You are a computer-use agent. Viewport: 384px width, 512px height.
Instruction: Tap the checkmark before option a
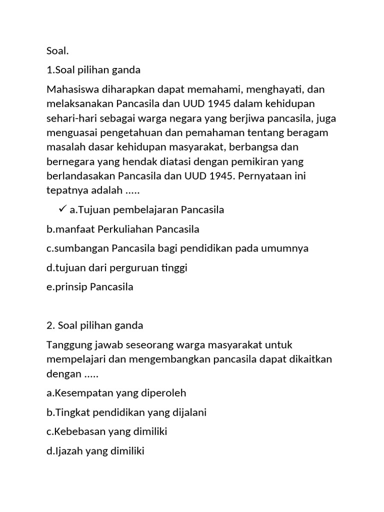62,209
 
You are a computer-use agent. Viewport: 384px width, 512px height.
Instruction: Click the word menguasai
70,133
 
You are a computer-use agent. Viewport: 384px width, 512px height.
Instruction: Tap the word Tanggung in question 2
67,345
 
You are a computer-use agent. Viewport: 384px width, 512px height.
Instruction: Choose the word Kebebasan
81,431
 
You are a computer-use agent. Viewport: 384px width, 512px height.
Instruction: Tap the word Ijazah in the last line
69,451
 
